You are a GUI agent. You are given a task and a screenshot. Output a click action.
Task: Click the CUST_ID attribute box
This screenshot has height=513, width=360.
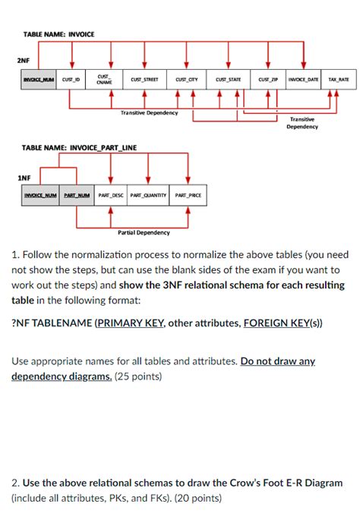point(72,79)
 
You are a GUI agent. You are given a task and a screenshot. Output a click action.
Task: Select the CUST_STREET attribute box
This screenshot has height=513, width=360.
point(144,79)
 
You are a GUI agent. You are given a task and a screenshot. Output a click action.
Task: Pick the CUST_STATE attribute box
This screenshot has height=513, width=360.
point(227,79)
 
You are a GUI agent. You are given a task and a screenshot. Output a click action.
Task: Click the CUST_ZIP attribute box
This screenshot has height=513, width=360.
point(268,79)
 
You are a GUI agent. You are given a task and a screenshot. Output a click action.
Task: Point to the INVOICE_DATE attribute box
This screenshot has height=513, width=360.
point(305,79)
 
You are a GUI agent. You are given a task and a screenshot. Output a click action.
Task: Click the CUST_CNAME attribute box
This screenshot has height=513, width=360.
point(104,79)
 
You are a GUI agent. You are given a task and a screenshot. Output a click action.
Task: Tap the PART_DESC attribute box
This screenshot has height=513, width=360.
point(111,195)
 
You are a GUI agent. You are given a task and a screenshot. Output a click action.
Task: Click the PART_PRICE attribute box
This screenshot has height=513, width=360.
point(188,195)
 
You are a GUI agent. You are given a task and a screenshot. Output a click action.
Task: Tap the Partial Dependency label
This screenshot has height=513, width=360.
point(144,232)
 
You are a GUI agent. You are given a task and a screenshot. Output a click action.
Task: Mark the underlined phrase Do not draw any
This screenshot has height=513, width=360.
point(277,362)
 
